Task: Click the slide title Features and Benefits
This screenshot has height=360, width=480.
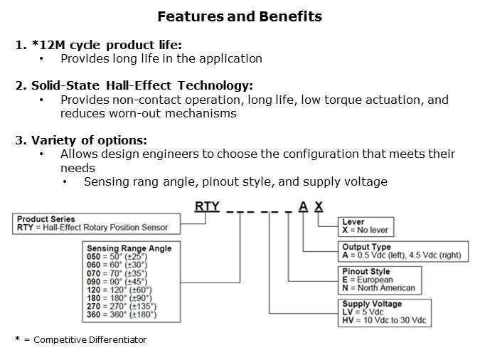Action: (x=239, y=16)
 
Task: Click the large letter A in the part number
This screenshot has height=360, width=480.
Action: (x=304, y=206)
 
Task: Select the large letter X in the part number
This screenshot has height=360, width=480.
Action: (x=319, y=206)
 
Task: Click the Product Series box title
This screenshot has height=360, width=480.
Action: (x=46, y=219)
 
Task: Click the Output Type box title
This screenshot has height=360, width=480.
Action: (x=366, y=247)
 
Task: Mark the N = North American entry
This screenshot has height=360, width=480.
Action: (x=378, y=288)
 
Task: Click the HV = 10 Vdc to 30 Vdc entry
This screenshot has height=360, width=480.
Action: (x=385, y=321)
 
